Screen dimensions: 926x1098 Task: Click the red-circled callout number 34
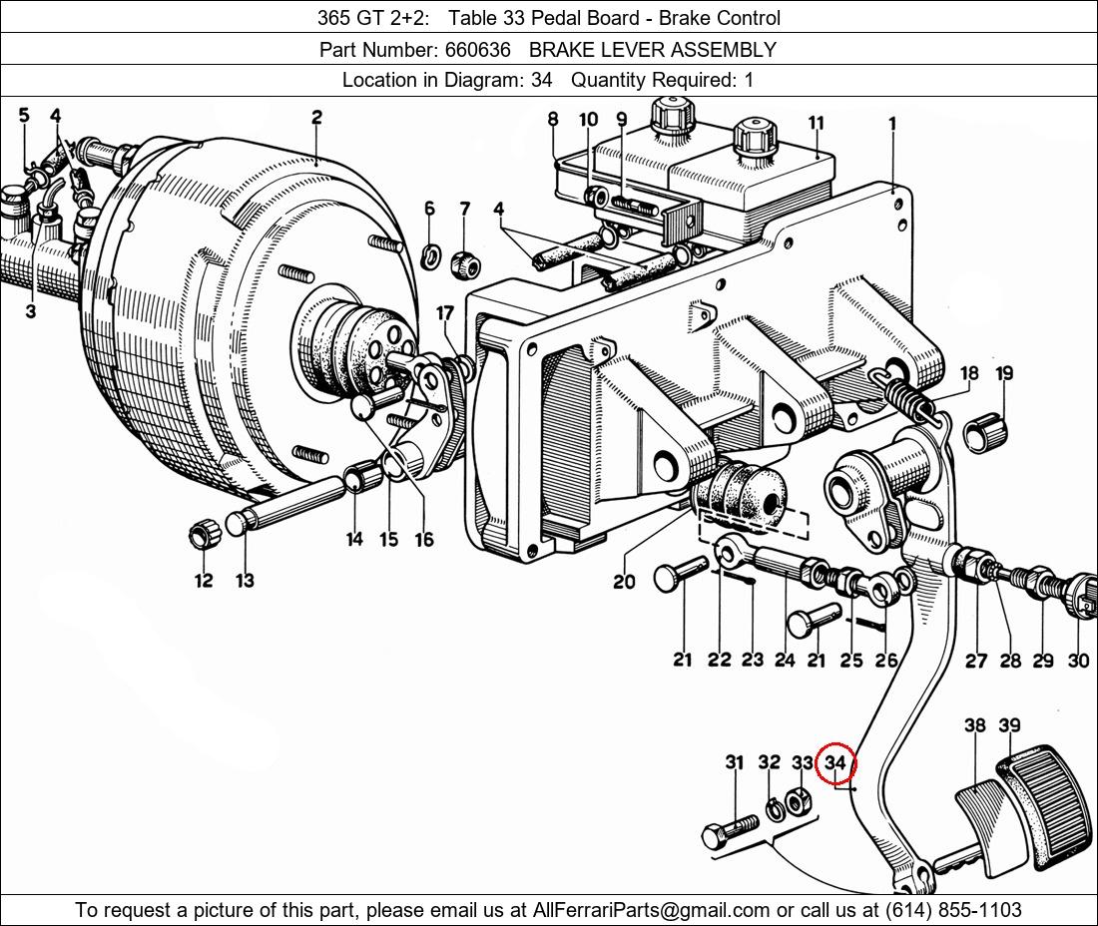pyautogui.click(x=835, y=764)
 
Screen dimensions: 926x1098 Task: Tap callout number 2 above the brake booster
pyautogui.click(x=316, y=117)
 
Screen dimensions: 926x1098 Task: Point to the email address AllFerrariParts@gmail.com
pyautogui.click(x=651, y=909)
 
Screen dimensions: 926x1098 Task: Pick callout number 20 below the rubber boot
pyautogui.click(x=624, y=581)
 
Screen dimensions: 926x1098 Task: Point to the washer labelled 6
pyautogui.click(x=430, y=256)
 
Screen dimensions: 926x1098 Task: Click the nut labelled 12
pyautogui.click(x=204, y=535)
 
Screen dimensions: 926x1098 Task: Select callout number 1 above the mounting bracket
pyautogui.click(x=892, y=124)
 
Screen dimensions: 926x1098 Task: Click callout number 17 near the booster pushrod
pyautogui.click(x=445, y=314)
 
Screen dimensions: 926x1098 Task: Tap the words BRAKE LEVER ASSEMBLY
pyautogui.click(x=653, y=49)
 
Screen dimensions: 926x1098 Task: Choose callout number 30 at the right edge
pyautogui.click(x=1078, y=660)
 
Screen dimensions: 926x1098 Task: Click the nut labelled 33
pyautogui.click(x=799, y=800)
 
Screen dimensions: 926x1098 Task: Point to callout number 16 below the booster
pyautogui.click(x=424, y=539)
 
